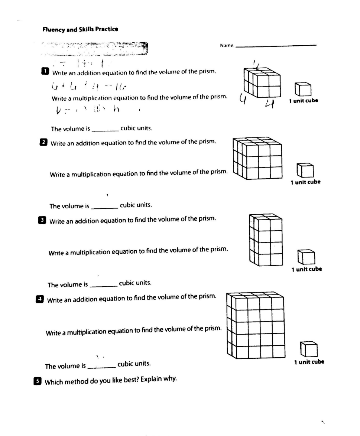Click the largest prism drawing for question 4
256,325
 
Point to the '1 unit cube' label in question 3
307,269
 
